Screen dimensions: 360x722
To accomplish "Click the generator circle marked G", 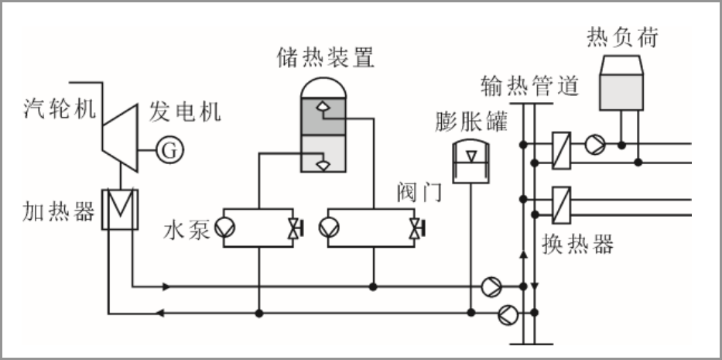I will pyautogui.click(x=169, y=149).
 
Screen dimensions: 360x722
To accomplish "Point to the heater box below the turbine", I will pyautogui.click(x=119, y=209).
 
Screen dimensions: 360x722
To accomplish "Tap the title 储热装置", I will pyautogui.click(x=325, y=57).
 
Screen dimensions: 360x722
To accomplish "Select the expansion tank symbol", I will pyautogui.click(x=469, y=161).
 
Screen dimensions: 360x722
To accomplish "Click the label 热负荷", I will pyautogui.click(x=622, y=36).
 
